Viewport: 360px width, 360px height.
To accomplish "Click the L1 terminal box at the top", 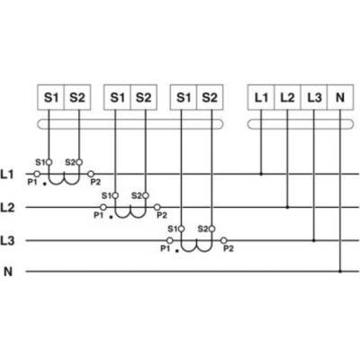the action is (x=261, y=97).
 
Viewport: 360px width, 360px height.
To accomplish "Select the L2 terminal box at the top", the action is (x=287, y=97).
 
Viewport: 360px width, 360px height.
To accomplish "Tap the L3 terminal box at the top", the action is (x=314, y=97).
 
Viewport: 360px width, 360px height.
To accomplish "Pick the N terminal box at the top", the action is (x=340, y=97).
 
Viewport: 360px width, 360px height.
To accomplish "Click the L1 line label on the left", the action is (x=7, y=175).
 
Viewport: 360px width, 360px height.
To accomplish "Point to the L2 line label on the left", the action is (x=7, y=208).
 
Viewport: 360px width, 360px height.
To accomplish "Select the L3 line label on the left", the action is (x=7, y=241).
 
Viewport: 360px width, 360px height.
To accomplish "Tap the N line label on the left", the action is (x=8, y=272).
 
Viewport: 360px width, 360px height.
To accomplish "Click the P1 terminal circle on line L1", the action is (x=37, y=174).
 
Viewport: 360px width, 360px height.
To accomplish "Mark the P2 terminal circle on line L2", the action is (x=157, y=207).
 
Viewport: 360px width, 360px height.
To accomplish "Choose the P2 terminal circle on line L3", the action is (x=223, y=240).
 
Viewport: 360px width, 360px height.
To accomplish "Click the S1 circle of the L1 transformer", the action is (x=49, y=162).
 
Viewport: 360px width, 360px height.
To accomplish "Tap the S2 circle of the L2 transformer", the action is (x=146, y=195).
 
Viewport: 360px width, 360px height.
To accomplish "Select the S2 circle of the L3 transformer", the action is (x=211, y=229).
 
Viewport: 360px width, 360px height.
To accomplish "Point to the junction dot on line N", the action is (x=340, y=271).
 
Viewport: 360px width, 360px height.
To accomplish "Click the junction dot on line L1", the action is (x=261, y=174).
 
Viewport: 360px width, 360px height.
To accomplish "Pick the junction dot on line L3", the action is (x=314, y=240).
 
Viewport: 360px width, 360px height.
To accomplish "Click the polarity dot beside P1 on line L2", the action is (x=111, y=217).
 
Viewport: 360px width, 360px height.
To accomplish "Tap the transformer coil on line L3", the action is (x=196, y=247).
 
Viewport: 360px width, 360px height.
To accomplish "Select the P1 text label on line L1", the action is (x=32, y=182).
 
